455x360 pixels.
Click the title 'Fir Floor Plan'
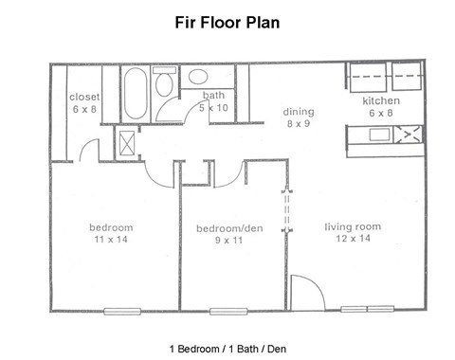[x=228, y=20]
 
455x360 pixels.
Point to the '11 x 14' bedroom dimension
[x=111, y=240]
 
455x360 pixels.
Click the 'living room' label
[x=353, y=226]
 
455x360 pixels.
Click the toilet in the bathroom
[x=163, y=88]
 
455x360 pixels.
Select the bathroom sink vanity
[x=198, y=78]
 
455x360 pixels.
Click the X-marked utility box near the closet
[x=127, y=141]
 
